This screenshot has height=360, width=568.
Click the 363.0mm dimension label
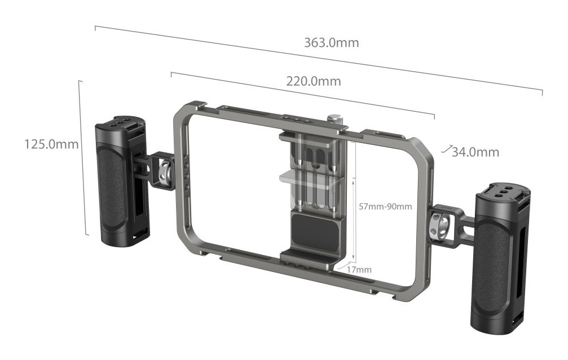331,43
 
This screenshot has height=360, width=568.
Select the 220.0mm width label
314,81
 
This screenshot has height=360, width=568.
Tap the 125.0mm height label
51,144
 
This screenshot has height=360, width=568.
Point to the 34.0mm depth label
475,152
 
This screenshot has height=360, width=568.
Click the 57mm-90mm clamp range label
385,207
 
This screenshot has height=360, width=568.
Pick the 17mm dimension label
359,270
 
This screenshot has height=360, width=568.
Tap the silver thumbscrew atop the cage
337,121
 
